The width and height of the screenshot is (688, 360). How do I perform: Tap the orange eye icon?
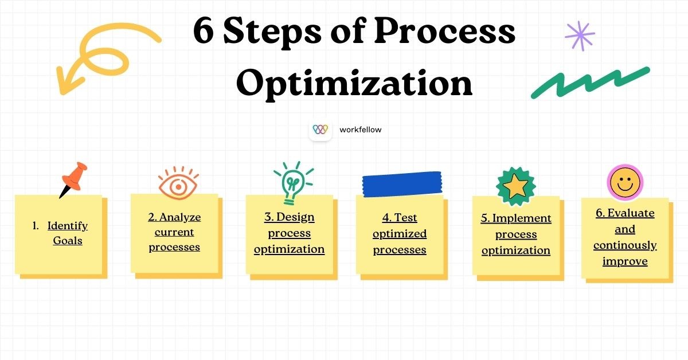(179, 184)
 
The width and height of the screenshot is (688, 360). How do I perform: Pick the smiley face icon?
(625, 183)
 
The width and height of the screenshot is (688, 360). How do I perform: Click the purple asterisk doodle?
(580, 36)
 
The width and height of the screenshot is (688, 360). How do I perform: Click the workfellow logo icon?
(320, 130)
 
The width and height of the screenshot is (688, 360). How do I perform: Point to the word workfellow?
(360, 130)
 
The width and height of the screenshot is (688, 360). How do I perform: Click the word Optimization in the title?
(354, 83)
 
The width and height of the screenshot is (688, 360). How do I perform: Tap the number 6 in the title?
(205, 32)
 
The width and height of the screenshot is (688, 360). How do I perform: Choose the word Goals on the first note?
(68, 241)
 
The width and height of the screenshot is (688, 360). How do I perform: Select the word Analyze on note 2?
(180, 217)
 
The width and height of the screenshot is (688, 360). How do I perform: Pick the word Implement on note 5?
(522, 218)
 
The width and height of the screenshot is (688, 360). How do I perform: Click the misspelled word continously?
(625, 245)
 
